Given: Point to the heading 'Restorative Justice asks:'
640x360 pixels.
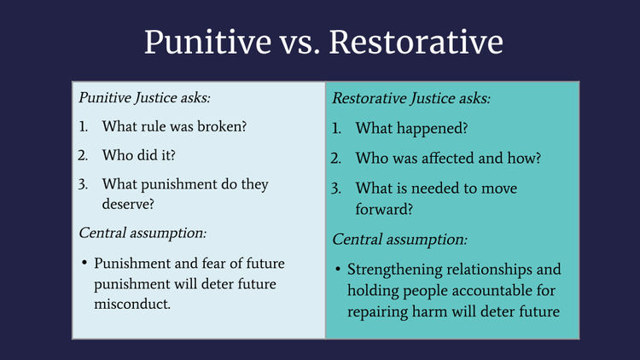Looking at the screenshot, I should [411, 99].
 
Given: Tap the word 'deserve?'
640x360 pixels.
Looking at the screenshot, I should [130, 205].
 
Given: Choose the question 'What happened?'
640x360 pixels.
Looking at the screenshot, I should [399, 129].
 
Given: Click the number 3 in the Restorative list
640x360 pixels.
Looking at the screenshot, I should [336, 189].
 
